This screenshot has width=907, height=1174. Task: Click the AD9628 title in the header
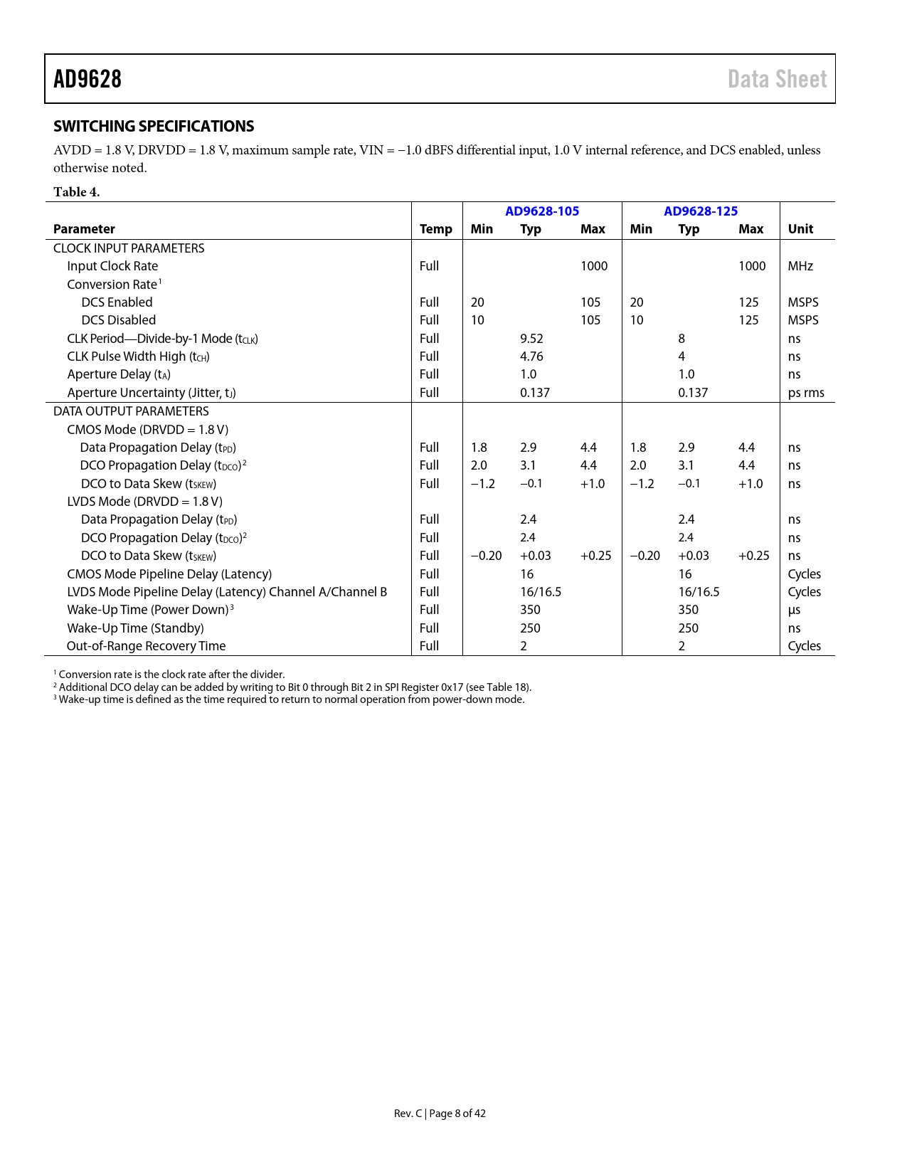[x=87, y=79]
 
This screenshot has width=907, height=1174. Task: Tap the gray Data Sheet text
[x=777, y=79]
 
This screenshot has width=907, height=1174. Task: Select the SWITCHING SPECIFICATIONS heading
[x=154, y=126]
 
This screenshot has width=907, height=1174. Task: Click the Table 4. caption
[x=77, y=192]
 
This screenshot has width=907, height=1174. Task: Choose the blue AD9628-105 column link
[x=542, y=211]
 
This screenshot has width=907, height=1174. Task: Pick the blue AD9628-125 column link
[x=701, y=211]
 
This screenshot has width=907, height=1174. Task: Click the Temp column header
[x=435, y=229]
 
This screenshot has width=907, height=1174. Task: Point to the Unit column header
[x=800, y=229]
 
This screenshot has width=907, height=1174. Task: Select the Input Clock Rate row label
[x=112, y=266]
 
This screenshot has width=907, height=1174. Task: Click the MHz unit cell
[x=800, y=266]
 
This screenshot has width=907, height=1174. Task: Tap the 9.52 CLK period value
[x=531, y=339]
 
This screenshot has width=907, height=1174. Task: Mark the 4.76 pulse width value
[x=531, y=356]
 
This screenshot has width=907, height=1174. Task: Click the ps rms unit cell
[x=806, y=393]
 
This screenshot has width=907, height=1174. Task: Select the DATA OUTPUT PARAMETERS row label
[x=131, y=411]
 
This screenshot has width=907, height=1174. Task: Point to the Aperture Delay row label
[x=119, y=374]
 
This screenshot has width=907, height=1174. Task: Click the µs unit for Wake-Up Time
[x=794, y=610]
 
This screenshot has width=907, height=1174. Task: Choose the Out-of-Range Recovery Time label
[x=146, y=646]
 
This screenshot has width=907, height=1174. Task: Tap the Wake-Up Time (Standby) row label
[x=135, y=628]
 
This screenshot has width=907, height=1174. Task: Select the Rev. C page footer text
[x=440, y=1114]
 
